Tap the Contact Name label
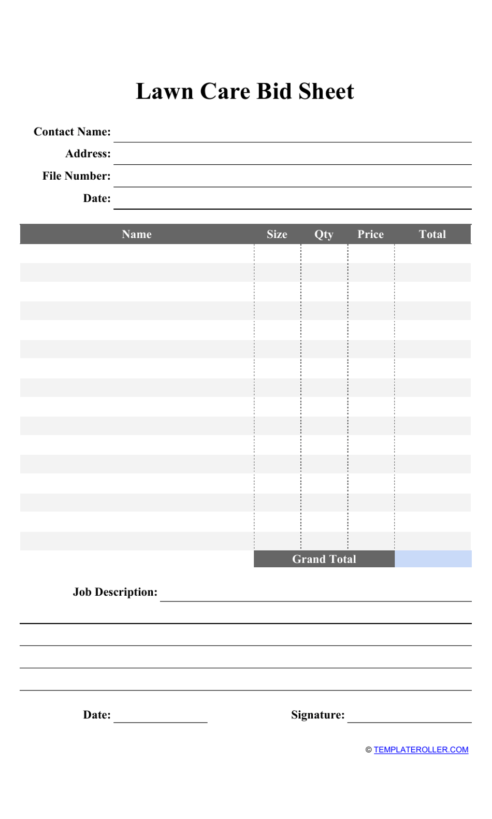coord(72,132)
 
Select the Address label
coord(88,154)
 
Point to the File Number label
coord(76,176)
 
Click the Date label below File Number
coord(97,198)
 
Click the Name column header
coord(137,234)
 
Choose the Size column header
coord(277,234)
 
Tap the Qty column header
coord(324,235)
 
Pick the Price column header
coord(370,234)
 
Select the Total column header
coord(432,234)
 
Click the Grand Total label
coord(324,559)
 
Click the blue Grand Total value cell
coord(433,559)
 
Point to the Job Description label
coord(115,592)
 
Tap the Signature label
coord(317,715)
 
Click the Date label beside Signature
coord(97,715)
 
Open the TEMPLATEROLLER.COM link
coord(421,750)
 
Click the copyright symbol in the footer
coord(369,750)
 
